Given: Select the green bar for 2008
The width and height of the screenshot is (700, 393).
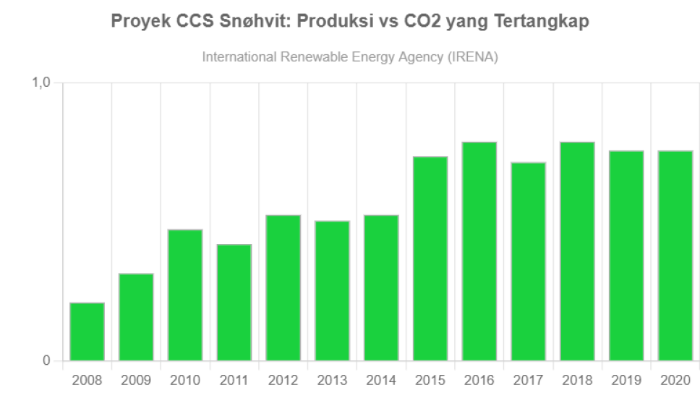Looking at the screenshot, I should (87, 331).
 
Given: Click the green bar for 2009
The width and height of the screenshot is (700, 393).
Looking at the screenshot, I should (136, 317).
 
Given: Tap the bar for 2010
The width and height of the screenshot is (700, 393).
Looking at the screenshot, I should (185, 295).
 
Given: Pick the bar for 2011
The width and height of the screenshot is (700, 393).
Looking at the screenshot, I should (234, 303).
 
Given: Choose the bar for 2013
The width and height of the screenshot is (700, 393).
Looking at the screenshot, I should (332, 290).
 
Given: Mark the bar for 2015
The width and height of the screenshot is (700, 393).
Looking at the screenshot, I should (430, 258).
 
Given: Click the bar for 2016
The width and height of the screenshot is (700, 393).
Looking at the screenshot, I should (479, 251).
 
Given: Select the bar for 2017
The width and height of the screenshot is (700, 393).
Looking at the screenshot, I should (528, 261).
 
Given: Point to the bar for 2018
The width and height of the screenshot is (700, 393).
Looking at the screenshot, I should (577, 251).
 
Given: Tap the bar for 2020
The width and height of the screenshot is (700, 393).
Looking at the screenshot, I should (675, 255).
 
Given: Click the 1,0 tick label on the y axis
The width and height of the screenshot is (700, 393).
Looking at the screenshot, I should (43, 83).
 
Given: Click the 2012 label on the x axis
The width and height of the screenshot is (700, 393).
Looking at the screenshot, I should (283, 381).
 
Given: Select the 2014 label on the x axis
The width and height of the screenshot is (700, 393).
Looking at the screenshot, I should (381, 381).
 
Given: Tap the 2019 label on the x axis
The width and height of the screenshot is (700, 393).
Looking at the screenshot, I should (626, 381).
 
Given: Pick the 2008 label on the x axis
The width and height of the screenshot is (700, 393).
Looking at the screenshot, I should (87, 381).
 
